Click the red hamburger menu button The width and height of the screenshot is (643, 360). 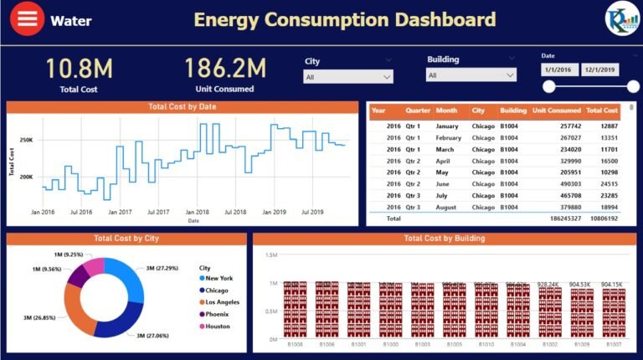(x=28, y=20)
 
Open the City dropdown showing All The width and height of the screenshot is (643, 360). (x=347, y=76)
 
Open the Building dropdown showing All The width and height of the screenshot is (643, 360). (x=470, y=75)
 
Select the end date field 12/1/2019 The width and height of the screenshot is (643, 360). (x=599, y=70)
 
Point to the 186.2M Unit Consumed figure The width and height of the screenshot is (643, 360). (x=224, y=69)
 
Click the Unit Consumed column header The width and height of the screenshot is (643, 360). (x=556, y=111)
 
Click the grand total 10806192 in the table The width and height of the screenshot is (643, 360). (x=602, y=218)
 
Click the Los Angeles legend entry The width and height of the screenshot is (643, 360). (x=222, y=301)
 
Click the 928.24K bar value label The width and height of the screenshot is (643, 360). (x=548, y=284)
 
